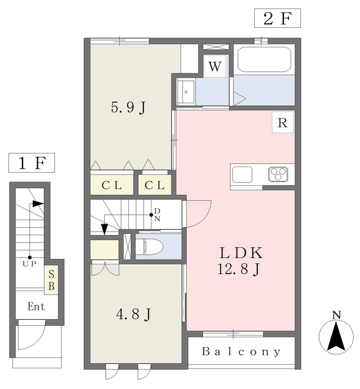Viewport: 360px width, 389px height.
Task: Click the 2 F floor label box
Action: pos(277,18)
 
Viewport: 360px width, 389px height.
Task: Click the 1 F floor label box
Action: pos(32,163)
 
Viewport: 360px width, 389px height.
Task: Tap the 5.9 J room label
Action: pos(128,108)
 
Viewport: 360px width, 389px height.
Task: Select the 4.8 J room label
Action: pos(133,314)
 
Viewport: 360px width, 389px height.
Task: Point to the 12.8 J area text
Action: pos(238,269)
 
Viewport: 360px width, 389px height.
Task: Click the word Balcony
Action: pos(241,351)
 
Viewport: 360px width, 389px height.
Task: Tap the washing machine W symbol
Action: pos(215,66)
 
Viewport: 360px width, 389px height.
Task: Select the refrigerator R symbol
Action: pos(283,122)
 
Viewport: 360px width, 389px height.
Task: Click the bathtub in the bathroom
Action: pos(264,60)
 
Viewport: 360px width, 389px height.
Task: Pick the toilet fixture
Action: pos(149,247)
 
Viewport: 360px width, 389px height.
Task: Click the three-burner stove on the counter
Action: pos(278,174)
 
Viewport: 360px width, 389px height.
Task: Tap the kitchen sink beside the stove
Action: pos(242,174)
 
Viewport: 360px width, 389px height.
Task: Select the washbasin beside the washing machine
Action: pos(186,92)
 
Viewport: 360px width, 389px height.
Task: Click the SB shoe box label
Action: pos(51,280)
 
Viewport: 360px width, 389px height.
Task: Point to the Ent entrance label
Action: pos(36,306)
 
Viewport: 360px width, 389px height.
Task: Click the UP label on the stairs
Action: pos(30,264)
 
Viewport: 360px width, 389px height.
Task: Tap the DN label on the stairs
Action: pos(157,215)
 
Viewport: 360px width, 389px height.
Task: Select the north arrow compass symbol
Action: pos(336,333)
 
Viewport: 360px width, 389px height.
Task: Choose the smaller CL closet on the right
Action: pos(154,185)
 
